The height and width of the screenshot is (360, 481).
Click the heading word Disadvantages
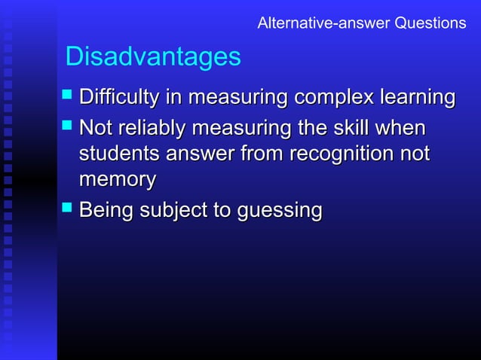pyautogui.click(x=153, y=56)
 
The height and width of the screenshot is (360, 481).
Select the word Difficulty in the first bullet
pyautogui.click(x=117, y=98)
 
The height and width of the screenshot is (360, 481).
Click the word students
pyautogui.click(x=118, y=154)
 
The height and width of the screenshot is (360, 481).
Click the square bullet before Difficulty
pyautogui.click(x=67, y=97)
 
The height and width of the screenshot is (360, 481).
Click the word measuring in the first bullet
pyautogui.click(x=237, y=98)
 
